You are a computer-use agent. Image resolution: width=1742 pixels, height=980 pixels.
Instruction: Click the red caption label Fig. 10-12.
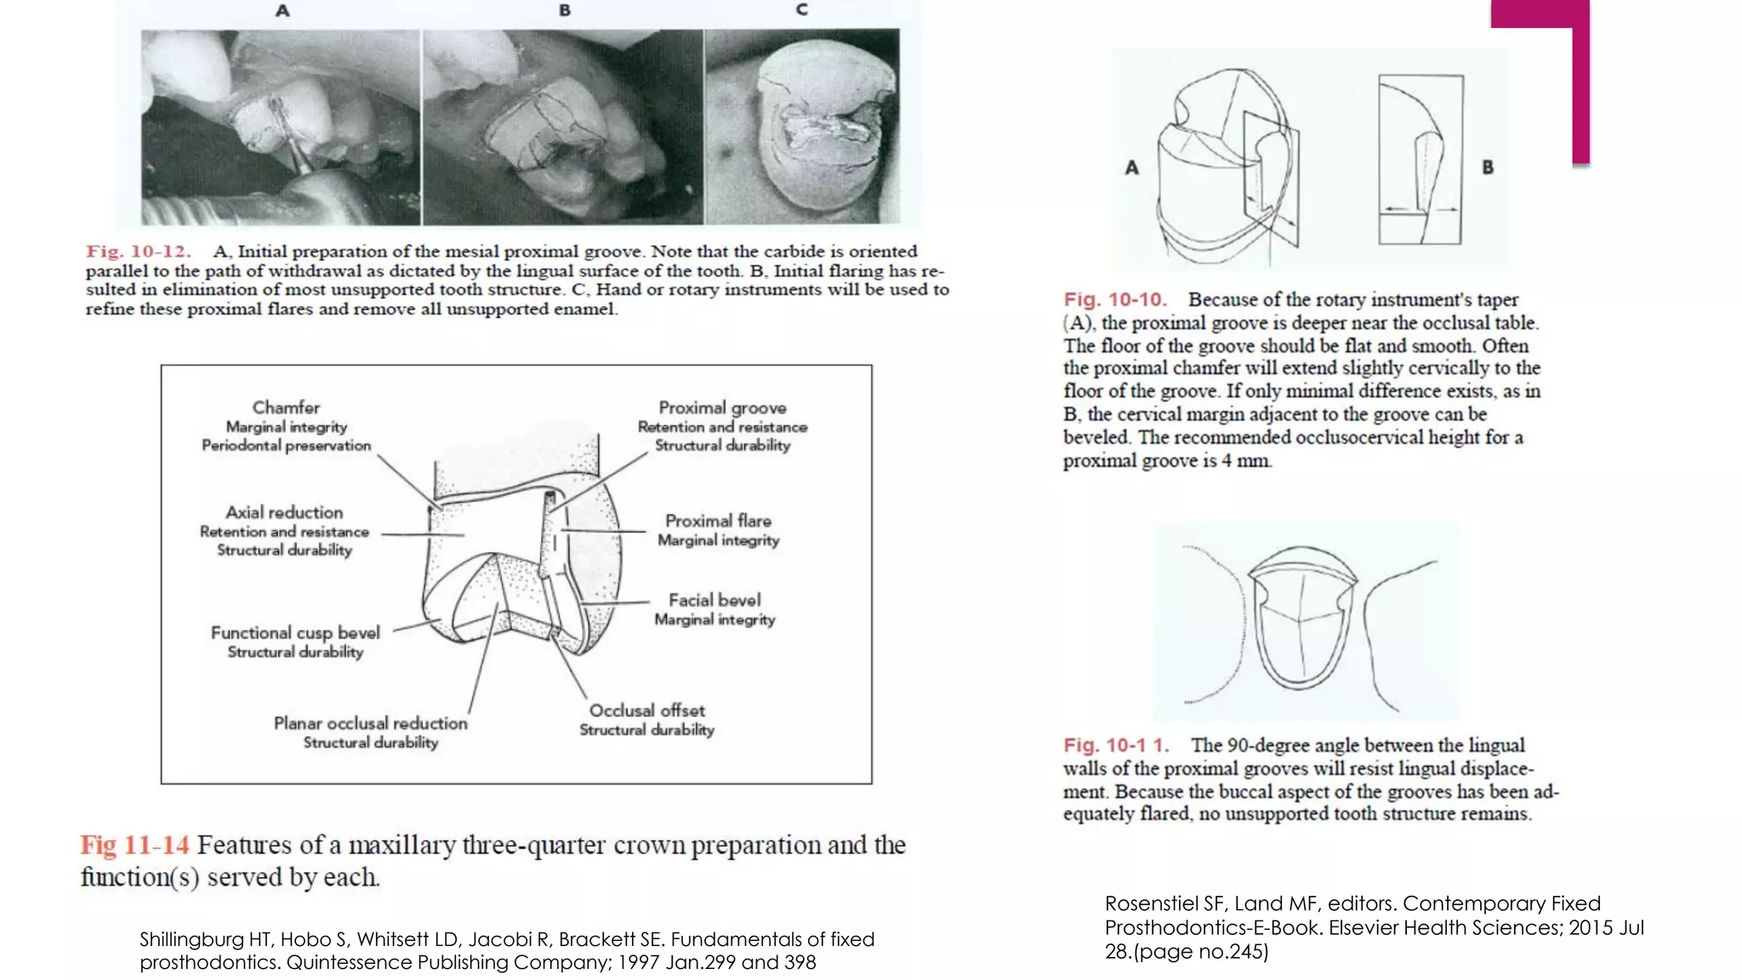pyautogui.click(x=138, y=252)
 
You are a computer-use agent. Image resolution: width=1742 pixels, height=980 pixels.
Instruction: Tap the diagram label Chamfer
pyautogui.click(x=286, y=407)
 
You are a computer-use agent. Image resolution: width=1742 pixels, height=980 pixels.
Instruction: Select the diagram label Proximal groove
pyautogui.click(x=722, y=407)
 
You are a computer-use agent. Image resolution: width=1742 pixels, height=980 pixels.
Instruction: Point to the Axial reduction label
pyautogui.click(x=284, y=512)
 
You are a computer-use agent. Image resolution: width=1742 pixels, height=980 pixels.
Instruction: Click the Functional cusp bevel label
pyautogui.click(x=295, y=633)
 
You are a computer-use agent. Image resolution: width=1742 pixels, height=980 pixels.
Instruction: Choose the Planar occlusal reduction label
pyautogui.click(x=370, y=723)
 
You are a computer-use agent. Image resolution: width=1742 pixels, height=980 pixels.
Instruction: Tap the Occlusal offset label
pyautogui.click(x=646, y=710)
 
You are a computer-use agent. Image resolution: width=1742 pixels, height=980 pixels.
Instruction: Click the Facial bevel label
pyautogui.click(x=714, y=601)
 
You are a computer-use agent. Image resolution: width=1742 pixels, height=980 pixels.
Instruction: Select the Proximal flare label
pyautogui.click(x=718, y=521)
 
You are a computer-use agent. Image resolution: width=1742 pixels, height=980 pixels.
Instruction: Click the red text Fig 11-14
pyautogui.click(x=134, y=846)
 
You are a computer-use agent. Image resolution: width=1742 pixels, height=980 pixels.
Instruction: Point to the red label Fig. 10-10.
pyautogui.click(x=1114, y=299)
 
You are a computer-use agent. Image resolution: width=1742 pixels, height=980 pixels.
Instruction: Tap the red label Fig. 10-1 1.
pyautogui.click(x=1116, y=745)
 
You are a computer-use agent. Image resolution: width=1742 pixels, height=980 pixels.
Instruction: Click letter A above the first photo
pyautogui.click(x=282, y=11)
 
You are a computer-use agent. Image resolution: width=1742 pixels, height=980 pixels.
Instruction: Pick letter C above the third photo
pyautogui.click(x=801, y=10)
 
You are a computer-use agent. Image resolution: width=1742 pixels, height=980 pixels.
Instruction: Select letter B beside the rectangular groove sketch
pyautogui.click(x=1488, y=168)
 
